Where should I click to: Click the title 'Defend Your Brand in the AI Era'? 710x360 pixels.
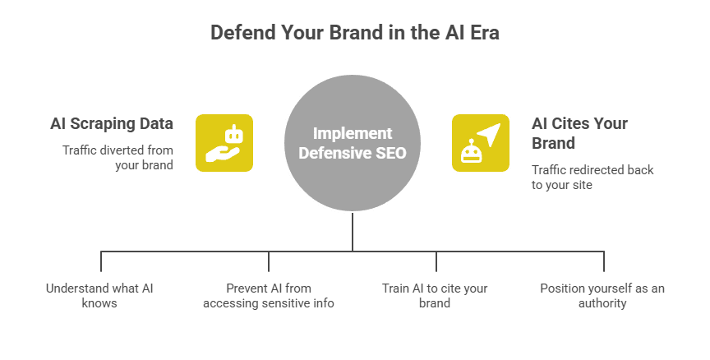354,34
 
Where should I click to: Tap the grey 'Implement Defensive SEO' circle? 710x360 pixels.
353,144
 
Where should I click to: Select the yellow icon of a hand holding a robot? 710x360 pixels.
224,143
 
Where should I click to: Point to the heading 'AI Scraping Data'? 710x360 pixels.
111,124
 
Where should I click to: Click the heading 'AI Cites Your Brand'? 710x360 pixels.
579,133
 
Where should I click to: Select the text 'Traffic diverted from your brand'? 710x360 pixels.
118,157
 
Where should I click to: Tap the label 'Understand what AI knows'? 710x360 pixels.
99,296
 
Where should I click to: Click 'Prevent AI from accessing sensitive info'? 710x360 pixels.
269,296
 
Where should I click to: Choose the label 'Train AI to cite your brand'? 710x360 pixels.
435,296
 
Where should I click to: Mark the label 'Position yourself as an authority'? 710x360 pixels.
602,296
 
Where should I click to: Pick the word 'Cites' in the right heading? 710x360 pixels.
574,124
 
